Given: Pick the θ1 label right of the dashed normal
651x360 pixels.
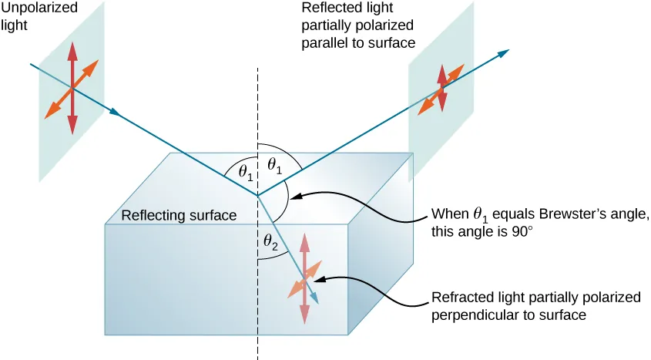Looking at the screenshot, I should pyautogui.click(x=273, y=164).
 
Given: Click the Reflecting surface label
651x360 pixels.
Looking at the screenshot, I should pyautogui.click(x=179, y=216).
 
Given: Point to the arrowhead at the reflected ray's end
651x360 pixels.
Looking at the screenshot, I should pyautogui.click(x=504, y=52).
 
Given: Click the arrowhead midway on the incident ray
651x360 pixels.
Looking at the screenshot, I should pyautogui.click(x=116, y=113).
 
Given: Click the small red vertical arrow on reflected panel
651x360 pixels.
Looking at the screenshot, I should pyautogui.click(x=442, y=87).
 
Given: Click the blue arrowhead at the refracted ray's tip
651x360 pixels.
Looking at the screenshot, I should pyautogui.click(x=314, y=297).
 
